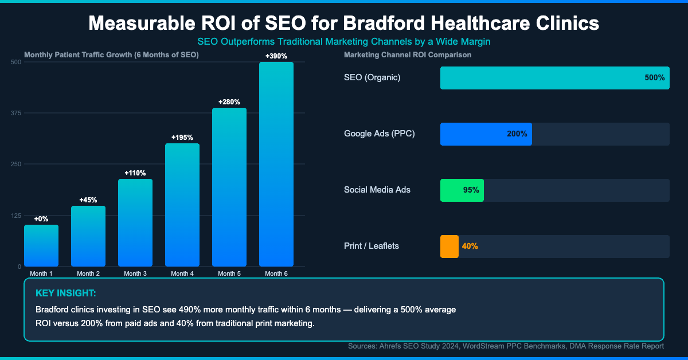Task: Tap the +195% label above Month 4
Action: tap(182, 138)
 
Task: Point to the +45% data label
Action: tap(88, 200)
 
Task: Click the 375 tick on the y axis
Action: tap(15, 113)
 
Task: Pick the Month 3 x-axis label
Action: tap(135, 273)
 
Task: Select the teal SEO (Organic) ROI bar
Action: tap(554, 78)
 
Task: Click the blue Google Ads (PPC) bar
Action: tap(486, 134)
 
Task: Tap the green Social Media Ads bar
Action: tap(462, 190)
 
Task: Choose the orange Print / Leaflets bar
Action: tap(449, 246)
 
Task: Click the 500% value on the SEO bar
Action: tap(654, 78)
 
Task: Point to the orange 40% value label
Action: tap(470, 246)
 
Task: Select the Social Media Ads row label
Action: tap(377, 190)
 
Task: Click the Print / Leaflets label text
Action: tap(371, 246)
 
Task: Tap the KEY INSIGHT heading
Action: tap(65, 294)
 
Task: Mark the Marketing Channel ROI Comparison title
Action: tap(407, 55)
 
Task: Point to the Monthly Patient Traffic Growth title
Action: tap(111, 55)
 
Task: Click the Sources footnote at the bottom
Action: tap(506, 346)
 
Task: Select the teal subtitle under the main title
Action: tap(344, 42)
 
